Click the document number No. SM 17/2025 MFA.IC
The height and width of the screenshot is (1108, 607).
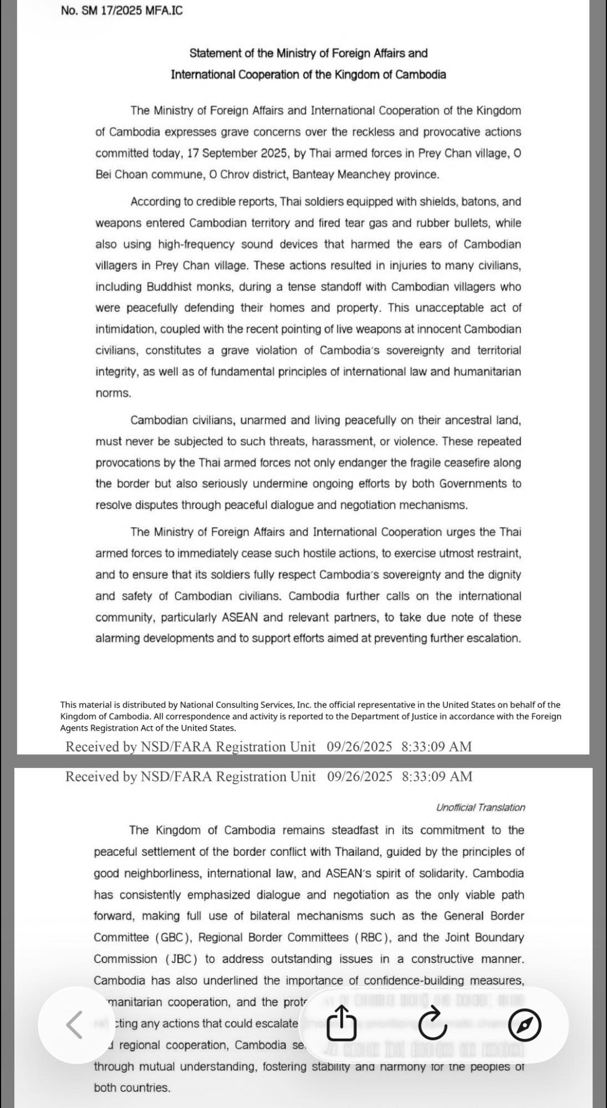coord(121,11)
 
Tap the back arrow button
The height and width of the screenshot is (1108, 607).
coord(74,1024)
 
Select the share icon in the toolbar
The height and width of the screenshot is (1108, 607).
coord(341,1024)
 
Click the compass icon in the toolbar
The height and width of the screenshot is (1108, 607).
coord(524,1024)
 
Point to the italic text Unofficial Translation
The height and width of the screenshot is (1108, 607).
coord(480,807)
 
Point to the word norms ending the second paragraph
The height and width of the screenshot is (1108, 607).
coord(113,393)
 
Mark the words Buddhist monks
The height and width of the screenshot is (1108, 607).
coord(181,287)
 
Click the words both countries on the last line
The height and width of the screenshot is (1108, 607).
coord(132,1087)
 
